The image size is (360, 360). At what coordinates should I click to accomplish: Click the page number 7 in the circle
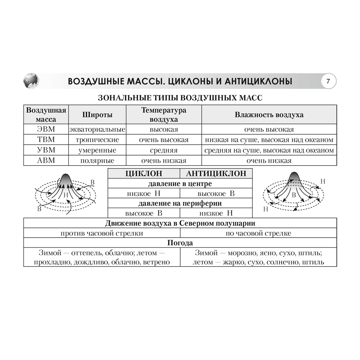[x=328, y=81]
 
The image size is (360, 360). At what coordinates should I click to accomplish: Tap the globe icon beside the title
[x=31, y=81]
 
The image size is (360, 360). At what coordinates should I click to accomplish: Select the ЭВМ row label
[x=46, y=129]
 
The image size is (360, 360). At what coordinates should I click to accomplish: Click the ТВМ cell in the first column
[x=46, y=140]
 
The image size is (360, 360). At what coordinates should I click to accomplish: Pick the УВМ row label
[x=46, y=150]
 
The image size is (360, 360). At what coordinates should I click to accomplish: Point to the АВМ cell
[x=46, y=161]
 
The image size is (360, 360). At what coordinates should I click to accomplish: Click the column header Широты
[x=97, y=115]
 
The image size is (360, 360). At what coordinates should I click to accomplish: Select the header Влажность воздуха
[x=269, y=115]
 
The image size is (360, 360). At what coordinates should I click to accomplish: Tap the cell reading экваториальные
[x=97, y=129]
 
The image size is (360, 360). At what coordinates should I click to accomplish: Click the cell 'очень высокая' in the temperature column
[x=164, y=140]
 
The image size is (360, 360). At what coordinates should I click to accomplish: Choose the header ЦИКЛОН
[x=144, y=174]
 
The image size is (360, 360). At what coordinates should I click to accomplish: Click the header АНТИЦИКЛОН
[x=216, y=174]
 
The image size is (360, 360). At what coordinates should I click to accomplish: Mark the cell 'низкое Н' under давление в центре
[x=144, y=194]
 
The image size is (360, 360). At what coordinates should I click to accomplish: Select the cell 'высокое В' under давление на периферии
[x=144, y=213]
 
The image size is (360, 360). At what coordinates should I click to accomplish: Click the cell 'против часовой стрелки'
[x=102, y=233]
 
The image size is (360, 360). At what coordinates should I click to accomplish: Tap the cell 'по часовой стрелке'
[x=258, y=233]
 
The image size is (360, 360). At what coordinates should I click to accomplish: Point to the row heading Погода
[x=180, y=243]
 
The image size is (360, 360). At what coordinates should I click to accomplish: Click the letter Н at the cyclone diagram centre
[x=66, y=195]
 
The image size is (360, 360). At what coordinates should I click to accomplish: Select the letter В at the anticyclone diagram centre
[x=294, y=195]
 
